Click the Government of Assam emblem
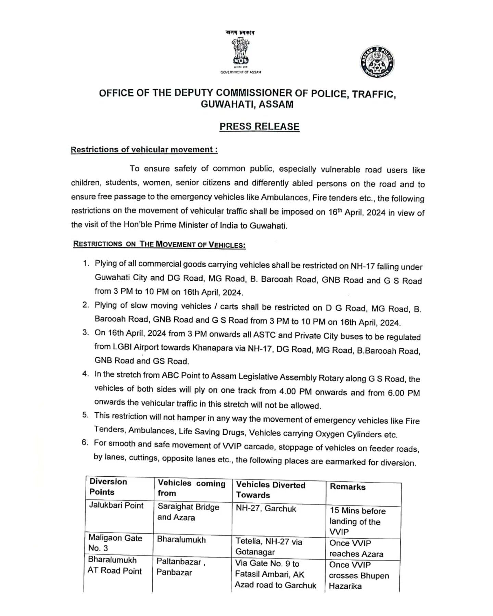[x=241, y=51]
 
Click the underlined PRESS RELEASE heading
[x=260, y=127]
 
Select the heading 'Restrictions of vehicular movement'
[x=144, y=150]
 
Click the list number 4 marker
[x=85, y=374]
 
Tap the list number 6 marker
[x=85, y=442]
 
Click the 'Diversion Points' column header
[x=108, y=487]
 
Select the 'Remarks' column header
[x=347, y=487]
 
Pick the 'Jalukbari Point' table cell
[x=116, y=505]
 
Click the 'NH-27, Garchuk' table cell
[x=266, y=509]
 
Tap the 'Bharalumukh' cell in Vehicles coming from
[x=181, y=540]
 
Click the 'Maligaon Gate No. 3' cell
[x=115, y=543]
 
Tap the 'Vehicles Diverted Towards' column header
[x=270, y=490]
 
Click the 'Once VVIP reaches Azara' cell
[x=356, y=549]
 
